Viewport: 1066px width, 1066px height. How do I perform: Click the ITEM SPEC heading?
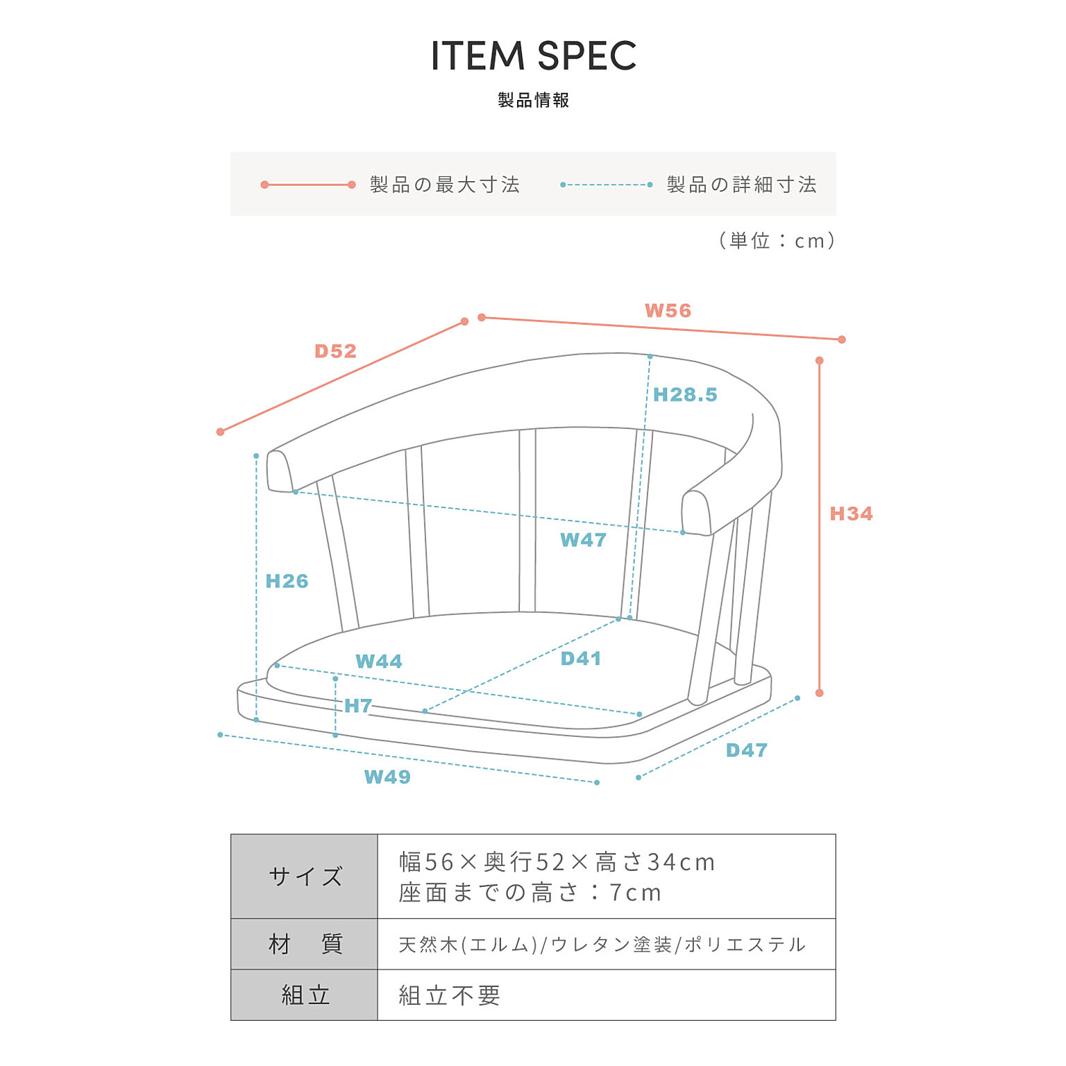533,56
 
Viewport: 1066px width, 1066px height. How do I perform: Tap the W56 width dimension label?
668,310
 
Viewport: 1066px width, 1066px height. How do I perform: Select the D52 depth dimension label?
335,351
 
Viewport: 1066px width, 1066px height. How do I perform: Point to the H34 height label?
851,514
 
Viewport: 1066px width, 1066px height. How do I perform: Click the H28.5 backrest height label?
685,395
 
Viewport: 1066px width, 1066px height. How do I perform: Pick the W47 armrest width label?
583,540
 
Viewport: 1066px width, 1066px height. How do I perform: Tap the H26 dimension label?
287,581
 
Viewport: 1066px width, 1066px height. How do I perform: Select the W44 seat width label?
378,661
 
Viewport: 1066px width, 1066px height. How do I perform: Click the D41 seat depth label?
581,659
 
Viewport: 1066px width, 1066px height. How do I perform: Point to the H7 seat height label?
358,706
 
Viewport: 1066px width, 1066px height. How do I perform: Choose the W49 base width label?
387,777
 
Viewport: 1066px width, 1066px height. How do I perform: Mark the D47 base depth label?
746,750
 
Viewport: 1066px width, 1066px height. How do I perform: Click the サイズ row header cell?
305,877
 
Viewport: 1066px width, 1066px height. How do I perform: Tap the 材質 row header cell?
305,944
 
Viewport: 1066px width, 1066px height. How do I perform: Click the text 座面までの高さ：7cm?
530,892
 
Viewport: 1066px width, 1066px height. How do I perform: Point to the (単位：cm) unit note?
777,241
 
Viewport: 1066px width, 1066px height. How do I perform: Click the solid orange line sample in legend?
309,185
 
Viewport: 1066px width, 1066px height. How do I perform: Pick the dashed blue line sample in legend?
606,185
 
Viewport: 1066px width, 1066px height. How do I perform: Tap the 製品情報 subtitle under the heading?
533,100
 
